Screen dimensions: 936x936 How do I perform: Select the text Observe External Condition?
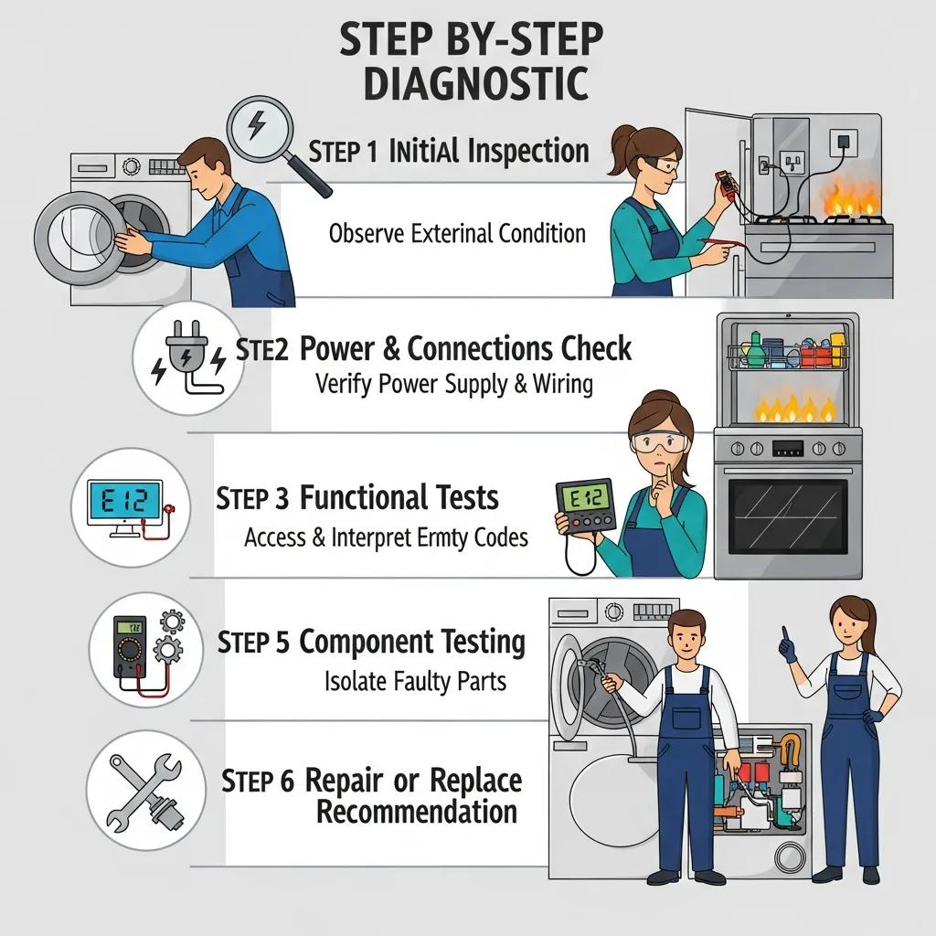click(x=457, y=233)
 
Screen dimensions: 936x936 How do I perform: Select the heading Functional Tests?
click(x=399, y=498)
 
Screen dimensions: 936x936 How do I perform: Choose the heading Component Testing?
click(x=412, y=643)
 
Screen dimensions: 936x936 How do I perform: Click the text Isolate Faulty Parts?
click(x=415, y=681)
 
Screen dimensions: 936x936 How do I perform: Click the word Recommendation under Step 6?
click(x=416, y=812)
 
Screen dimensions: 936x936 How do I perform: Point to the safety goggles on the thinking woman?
click(x=658, y=443)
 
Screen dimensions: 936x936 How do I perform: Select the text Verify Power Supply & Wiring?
click(x=453, y=384)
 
